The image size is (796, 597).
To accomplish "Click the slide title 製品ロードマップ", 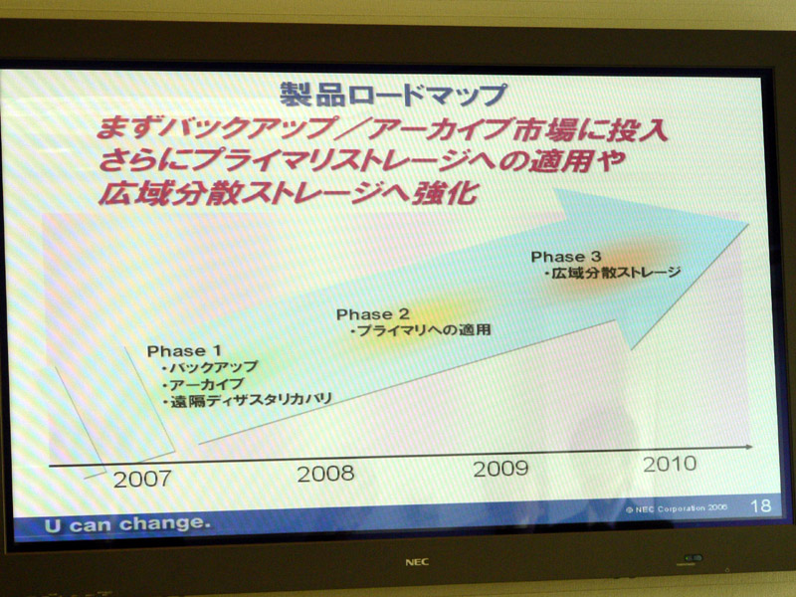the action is (x=393, y=95).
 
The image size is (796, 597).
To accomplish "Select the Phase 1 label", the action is (x=184, y=351).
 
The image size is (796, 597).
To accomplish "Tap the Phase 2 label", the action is (x=372, y=314).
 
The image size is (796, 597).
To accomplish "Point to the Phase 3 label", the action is (x=566, y=257).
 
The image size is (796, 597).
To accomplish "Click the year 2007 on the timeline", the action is (x=142, y=480).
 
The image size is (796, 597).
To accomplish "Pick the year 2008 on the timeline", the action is (x=325, y=475).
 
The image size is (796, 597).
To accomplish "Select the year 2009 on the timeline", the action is (x=500, y=469).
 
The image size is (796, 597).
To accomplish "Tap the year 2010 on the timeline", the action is (x=670, y=464).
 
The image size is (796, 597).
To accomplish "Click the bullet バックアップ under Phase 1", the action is (x=210, y=367).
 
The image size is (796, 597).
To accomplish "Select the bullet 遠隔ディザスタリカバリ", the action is (x=247, y=400).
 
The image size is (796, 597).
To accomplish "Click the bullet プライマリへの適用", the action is (x=421, y=330).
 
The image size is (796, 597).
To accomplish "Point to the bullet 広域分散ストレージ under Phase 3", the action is (x=612, y=273).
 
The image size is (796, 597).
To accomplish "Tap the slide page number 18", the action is (x=760, y=505).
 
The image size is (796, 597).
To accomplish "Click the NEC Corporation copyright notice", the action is (x=677, y=508).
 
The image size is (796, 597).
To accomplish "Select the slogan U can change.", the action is (x=127, y=524).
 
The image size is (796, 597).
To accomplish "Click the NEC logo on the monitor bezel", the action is (x=417, y=562).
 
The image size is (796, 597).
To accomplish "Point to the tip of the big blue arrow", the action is (x=748, y=224).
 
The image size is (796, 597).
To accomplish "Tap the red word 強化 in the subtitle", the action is (x=446, y=193).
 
